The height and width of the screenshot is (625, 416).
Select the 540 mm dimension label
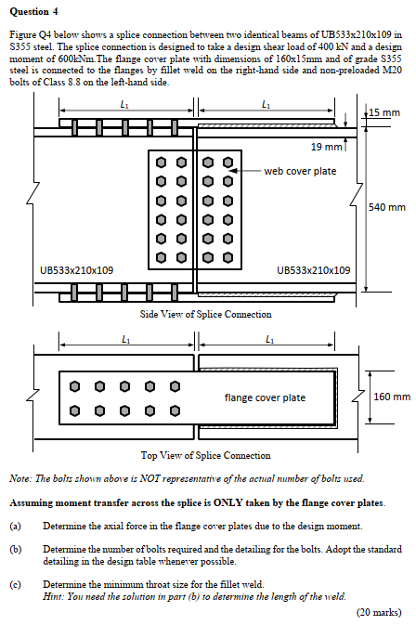click(387, 206)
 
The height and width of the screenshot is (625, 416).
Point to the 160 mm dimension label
click(391, 397)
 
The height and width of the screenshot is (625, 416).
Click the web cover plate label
click(300, 171)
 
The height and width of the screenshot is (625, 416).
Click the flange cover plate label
click(265, 397)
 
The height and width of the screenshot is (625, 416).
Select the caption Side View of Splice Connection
click(205, 314)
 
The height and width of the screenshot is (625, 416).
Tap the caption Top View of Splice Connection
click(205, 455)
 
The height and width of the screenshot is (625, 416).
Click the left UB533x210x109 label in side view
click(77, 270)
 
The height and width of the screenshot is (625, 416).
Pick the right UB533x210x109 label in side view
click(314, 270)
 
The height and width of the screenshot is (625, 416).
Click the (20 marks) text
click(379, 612)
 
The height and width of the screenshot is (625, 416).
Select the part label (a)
click(15, 527)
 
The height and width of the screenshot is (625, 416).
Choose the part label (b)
click(15, 550)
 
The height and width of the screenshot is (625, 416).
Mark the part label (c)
click(15, 584)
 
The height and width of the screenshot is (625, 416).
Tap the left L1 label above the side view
click(123, 104)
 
